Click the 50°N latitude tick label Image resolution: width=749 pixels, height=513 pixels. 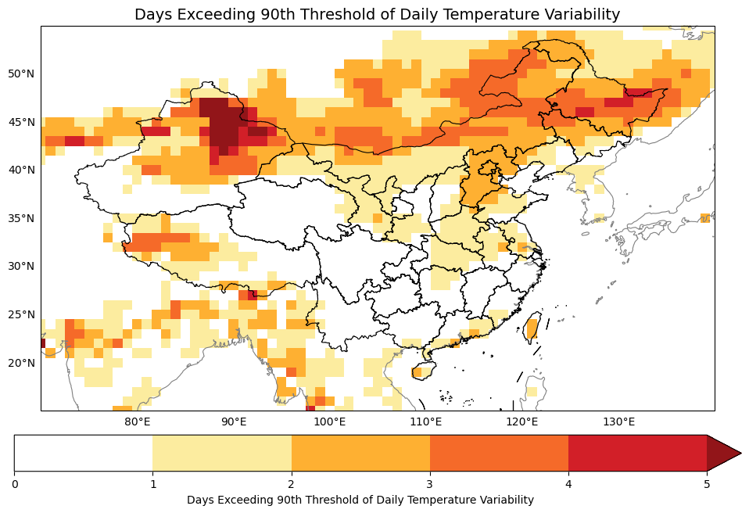pyautogui.click(x=21, y=74)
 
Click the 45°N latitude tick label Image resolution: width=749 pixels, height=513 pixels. pyautogui.click(x=21, y=122)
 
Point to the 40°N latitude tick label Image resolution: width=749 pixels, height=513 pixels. pyautogui.click(x=21, y=170)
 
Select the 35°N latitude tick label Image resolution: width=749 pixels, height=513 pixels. pyautogui.click(x=21, y=218)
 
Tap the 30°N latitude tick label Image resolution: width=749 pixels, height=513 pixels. pyautogui.click(x=21, y=266)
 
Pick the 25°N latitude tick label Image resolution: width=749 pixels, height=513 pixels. pyautogui.click(x=21, y=314)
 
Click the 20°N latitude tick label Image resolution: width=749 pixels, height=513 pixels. pyautogui.click(x=21, y=363)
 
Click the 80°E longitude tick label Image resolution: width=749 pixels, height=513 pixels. pyautogui.click(x=138, y=422)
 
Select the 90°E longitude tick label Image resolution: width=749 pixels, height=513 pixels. pyautogui.click(x=234, y=422)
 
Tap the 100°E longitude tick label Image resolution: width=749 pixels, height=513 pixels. pyautogui.click(x=330, y=422)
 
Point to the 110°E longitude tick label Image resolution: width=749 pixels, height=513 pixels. pyautogui.click(x=426, y=422)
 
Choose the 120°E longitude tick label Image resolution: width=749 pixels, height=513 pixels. pyautogui.click(x=522, y=422)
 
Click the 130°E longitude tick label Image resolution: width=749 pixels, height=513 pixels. pyautogui.click(x=618, y=422)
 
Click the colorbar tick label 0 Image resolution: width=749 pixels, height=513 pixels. pyautogui.click(x=15, y=484)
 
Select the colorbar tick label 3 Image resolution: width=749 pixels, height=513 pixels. pyautogui.click(x=430, y=484)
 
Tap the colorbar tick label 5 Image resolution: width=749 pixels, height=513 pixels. pyautogui.click(x=707, y=484)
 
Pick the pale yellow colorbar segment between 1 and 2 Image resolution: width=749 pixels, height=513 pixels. pyautogui.click(x=222, y=454)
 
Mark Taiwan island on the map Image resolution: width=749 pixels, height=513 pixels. pyautogui.click(x=532, y=326)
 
